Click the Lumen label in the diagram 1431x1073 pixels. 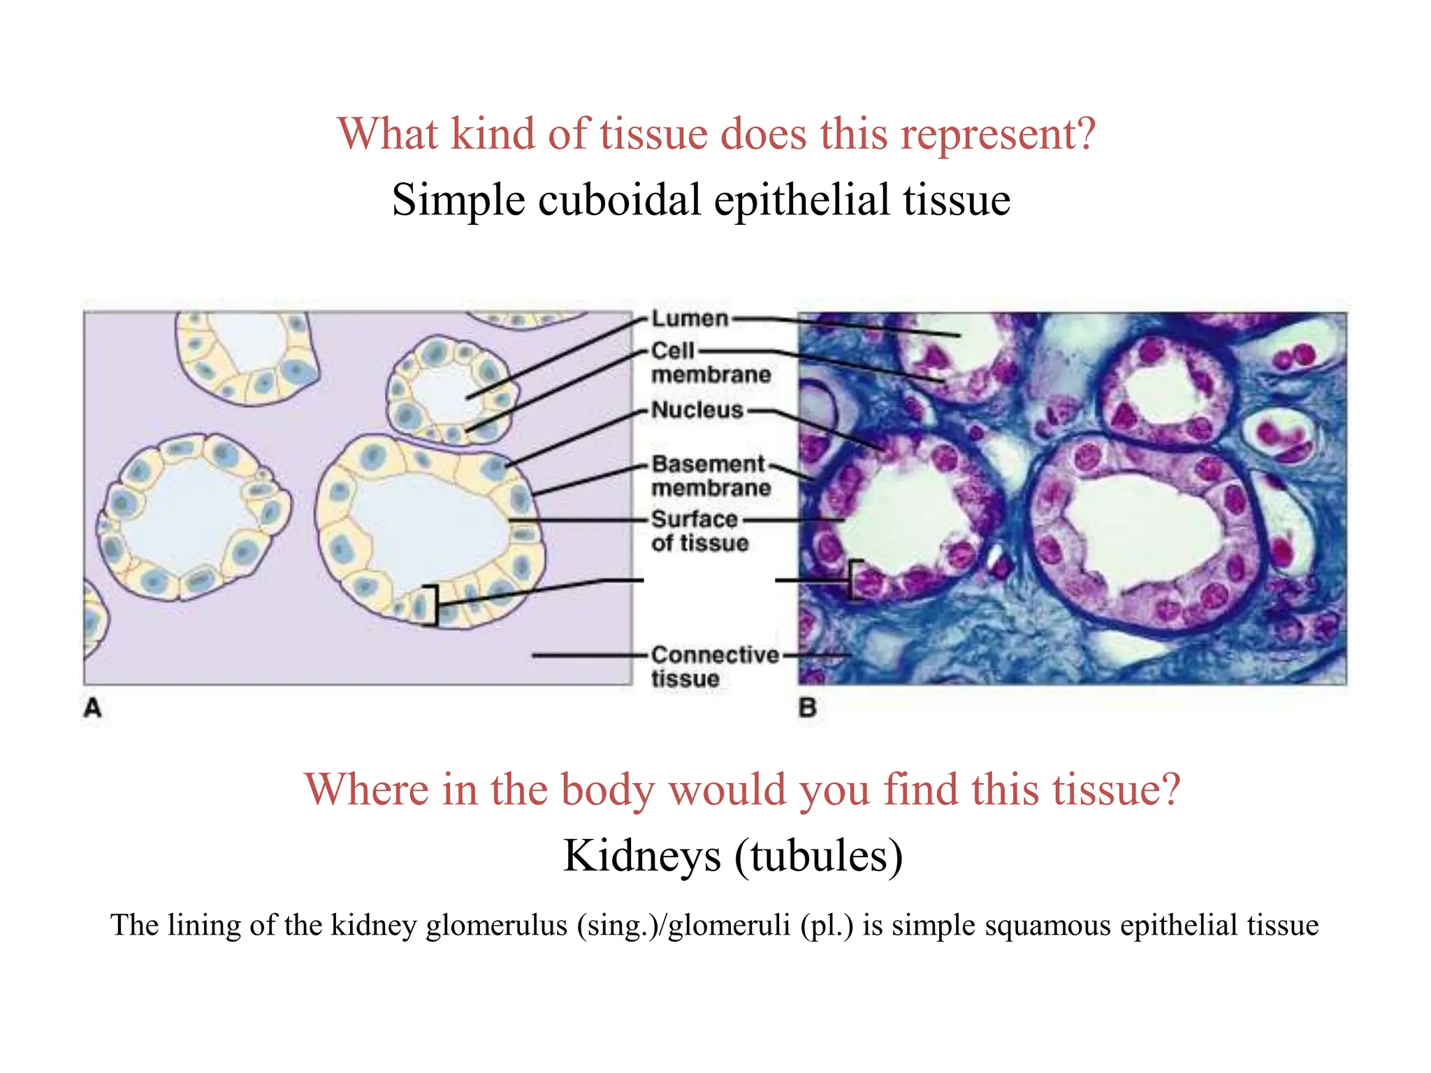(x=690, y=319)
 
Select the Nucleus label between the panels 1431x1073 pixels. (x=697, y=410)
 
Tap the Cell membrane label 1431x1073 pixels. (x=711, y=363)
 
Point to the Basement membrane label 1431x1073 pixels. (x=711, y=476)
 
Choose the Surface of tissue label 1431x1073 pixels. (x=699, y=531)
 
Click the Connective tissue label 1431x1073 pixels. (x=714, y=666)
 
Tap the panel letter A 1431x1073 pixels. (x=93, y=708)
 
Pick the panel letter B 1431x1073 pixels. (x=807, y=708)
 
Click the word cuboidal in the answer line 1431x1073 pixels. (x=619, y=200)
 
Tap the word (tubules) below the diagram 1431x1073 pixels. (x=818, y=856)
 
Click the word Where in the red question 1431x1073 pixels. (x=367, y=790)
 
